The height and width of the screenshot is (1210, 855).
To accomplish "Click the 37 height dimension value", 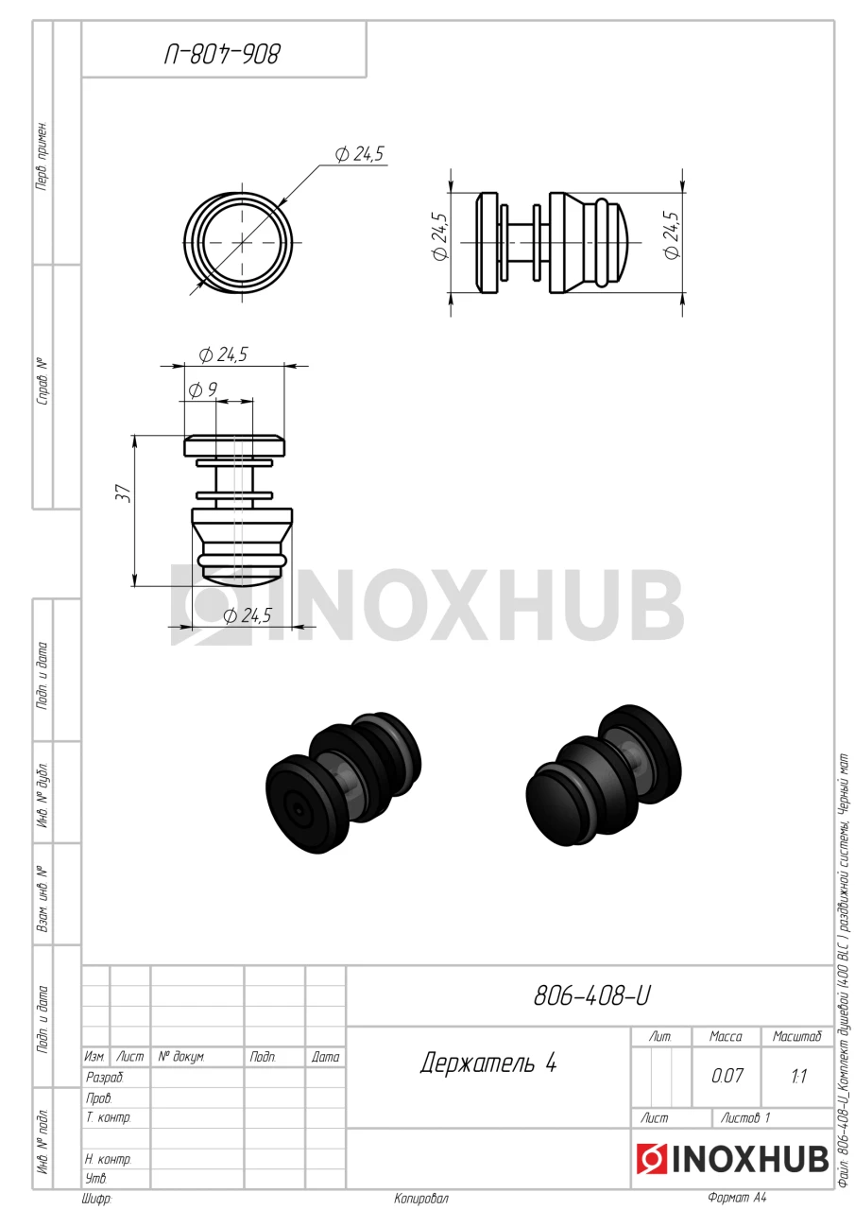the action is point(125,493).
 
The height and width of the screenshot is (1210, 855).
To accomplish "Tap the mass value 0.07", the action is point(727,1076).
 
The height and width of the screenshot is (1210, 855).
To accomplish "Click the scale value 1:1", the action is point(798,1076).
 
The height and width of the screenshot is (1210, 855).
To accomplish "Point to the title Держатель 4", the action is point(487,1063).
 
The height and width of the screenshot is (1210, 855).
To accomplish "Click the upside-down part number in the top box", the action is point(222,54).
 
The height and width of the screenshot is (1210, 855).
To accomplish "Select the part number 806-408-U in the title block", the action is point(592,995).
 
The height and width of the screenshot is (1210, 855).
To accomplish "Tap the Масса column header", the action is point(726,1036).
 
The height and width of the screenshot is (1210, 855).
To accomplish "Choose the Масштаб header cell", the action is point(796,1036).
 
